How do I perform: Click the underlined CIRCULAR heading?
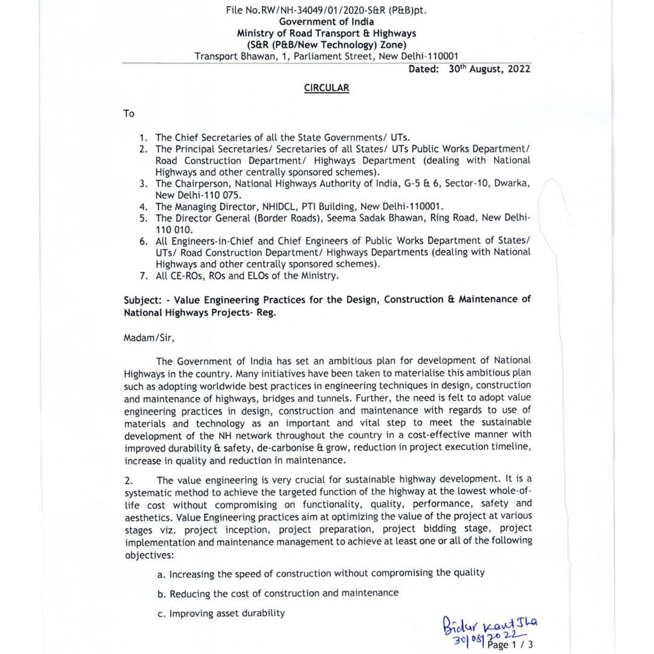point(326,88)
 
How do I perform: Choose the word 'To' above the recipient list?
point(129,114)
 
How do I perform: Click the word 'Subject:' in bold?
point(143,300)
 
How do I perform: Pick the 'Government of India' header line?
point(326,22)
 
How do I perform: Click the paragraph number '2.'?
point(128,481)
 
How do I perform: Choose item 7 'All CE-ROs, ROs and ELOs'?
point(247,276)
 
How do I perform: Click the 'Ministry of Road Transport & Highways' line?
point(326,33)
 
